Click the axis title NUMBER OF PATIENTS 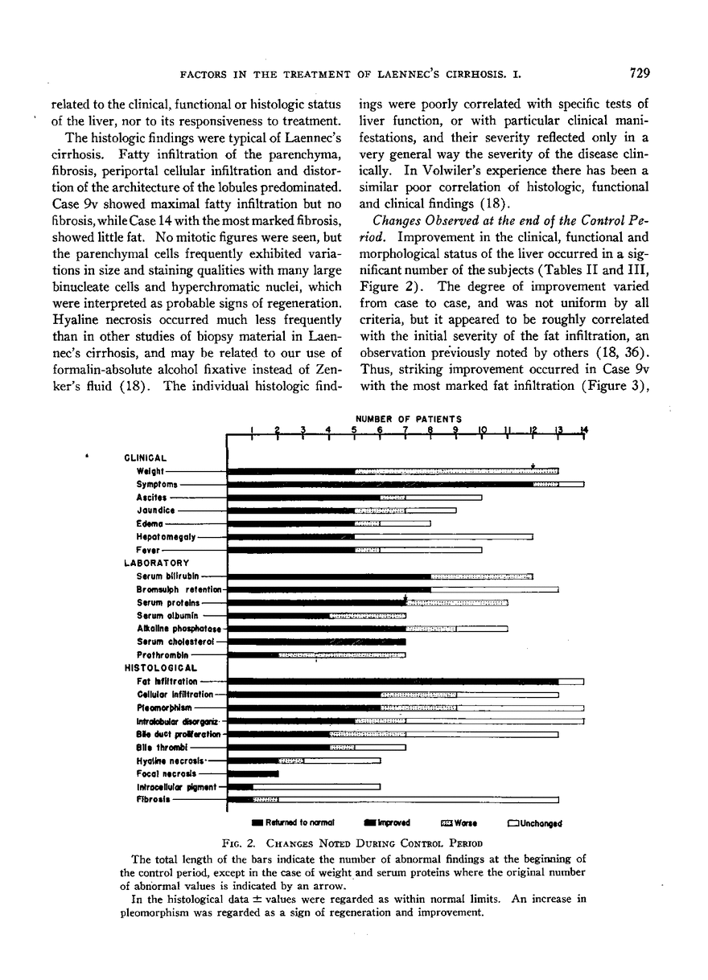tap(409, 419)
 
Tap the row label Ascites tap(151, 498)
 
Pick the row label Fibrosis tap(153, 800)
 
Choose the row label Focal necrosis tap(166, 773)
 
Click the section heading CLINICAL tap(146, 458)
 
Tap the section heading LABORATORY tap(157, 563)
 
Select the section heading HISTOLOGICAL tap(161, 667)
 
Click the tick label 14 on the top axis tap(584, 429)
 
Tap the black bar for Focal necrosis tap(254, 773)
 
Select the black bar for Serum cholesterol tap(318, 642)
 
